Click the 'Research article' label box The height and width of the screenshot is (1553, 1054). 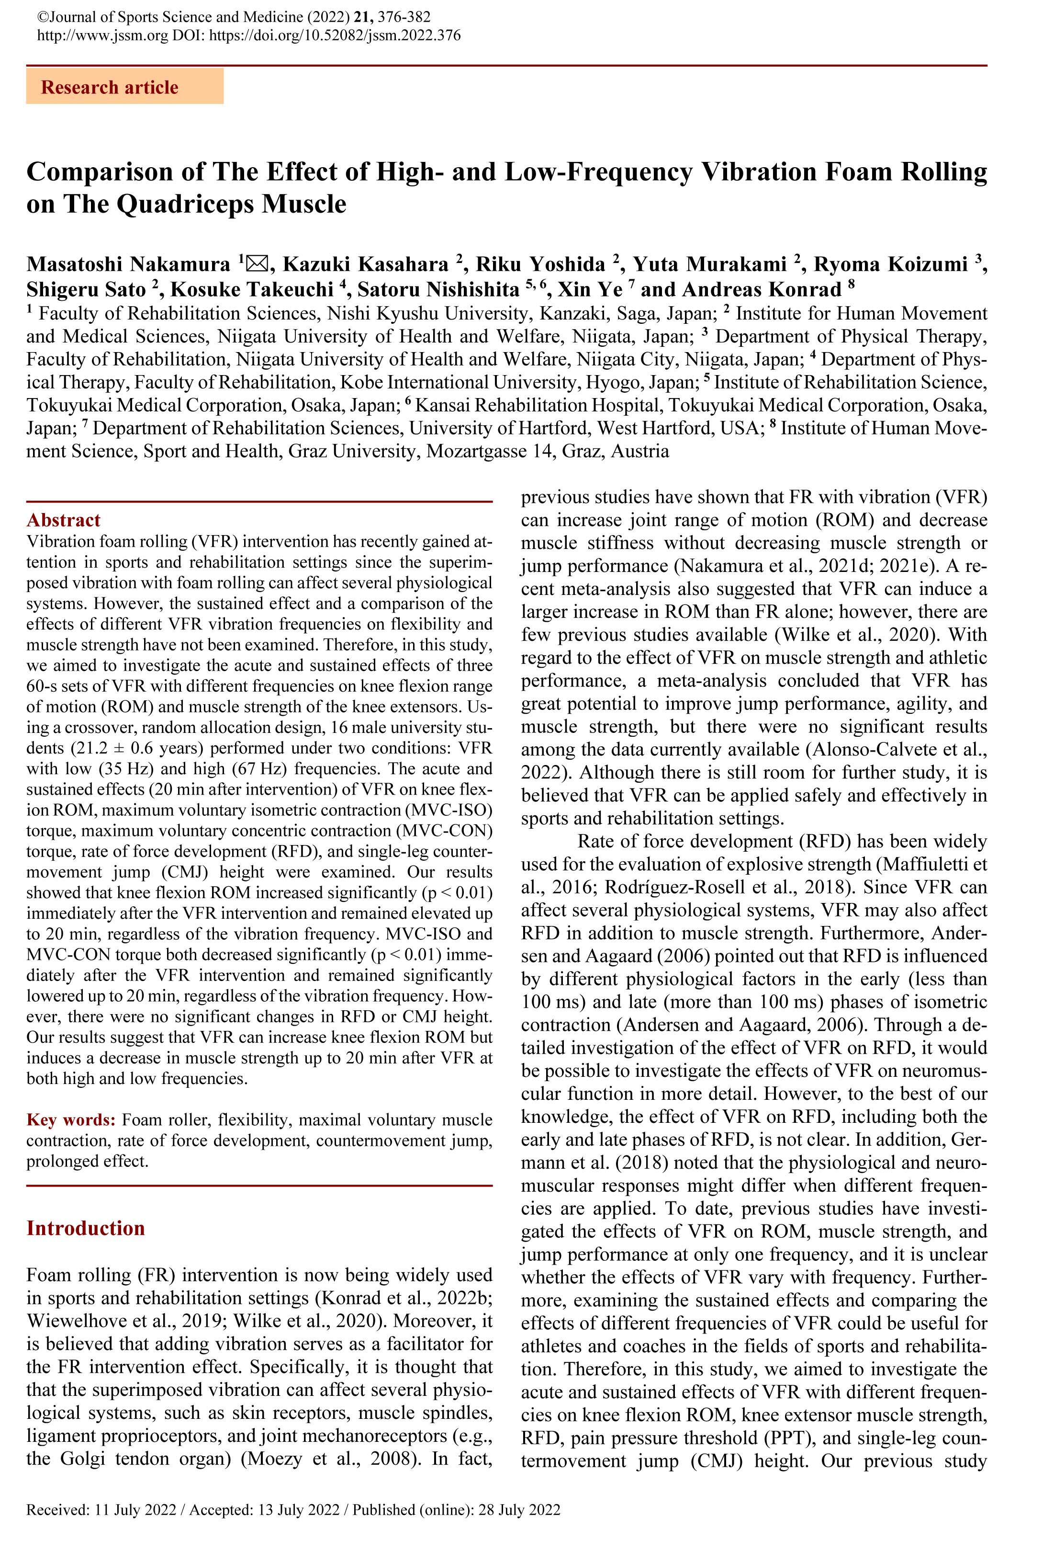pos(124,88)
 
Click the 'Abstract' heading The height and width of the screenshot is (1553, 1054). pos(64,520)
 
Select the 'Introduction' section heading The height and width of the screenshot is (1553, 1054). pos(86,1228)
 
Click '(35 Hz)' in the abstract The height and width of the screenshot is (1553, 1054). pos(124,768)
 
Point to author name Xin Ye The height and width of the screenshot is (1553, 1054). pos(590,289)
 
